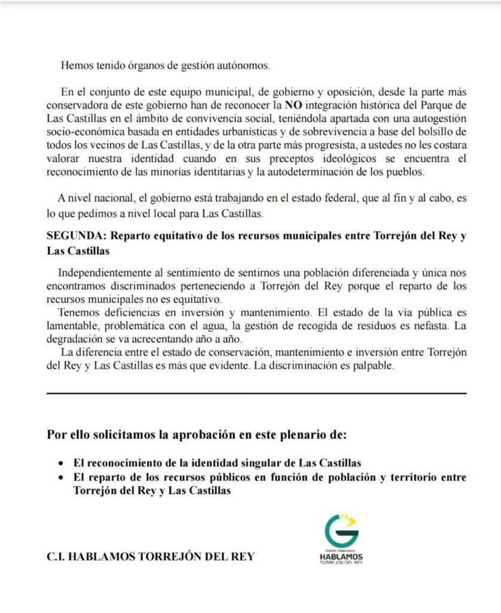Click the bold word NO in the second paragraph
click(x=294, y=104)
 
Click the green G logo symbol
click(x=341, y=530)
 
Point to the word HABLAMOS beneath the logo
click(x=341, y=556)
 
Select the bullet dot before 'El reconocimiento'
click(x=60, y=464)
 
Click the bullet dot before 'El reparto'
click(x=60, y=478)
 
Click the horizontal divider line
click(x=256, y=393)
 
